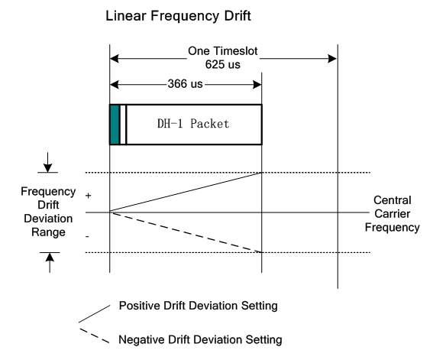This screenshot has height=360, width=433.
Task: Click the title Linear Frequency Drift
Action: (x=179, y=16)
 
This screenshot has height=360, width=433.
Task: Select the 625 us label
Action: (x=222, y=65)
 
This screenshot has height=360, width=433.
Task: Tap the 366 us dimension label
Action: (x=186, y=84)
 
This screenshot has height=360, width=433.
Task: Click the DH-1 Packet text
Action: (x=193, y=124)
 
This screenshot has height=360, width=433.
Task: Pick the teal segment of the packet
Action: (x=115, y=125)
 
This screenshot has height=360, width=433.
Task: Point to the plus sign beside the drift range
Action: (x=88, y=196)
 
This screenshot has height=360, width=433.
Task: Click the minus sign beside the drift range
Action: (x=87, y=236)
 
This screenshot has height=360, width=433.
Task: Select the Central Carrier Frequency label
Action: (x=392, y=213)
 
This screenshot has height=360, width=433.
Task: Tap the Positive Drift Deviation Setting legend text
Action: (x=199, y=306)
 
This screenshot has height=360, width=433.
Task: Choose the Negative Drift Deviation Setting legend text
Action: (x=200, y=339)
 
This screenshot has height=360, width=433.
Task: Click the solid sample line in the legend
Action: (x=95, y=314)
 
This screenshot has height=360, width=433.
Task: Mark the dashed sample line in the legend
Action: (x=95, y=336)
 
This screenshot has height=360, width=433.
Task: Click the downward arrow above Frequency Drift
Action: (x=48, y=162)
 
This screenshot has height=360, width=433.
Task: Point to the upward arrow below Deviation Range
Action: (x=50, y=263)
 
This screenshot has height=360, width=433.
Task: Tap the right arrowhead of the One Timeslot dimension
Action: (x=332, y=59)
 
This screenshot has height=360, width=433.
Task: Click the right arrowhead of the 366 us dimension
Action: (x=257, y=85)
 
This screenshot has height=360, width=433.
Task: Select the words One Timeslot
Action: (x=222, y=51)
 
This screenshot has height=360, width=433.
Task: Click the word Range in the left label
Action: (x=48, y=232)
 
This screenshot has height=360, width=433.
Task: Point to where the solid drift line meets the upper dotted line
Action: (x=261, y=173)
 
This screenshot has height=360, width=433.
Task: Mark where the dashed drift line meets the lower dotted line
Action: (x=261, y=252)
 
